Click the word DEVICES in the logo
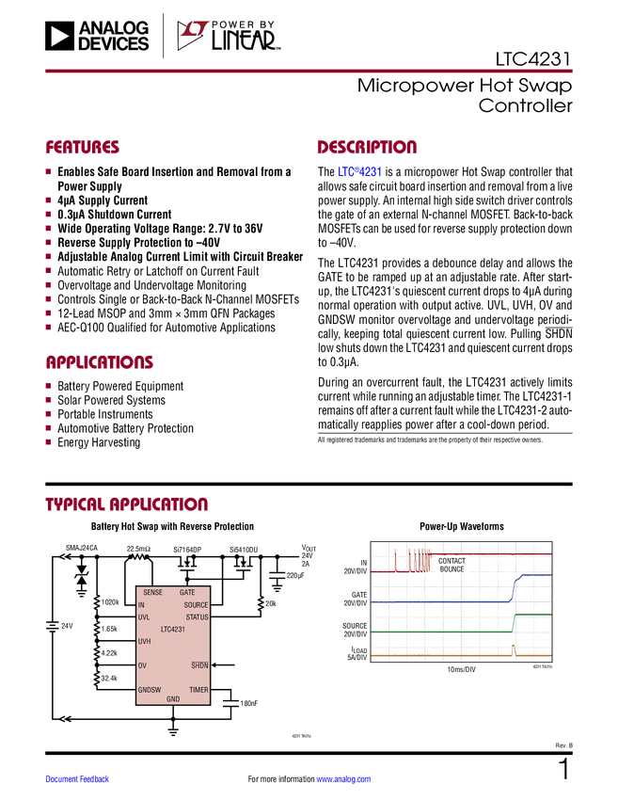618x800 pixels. pyautogui.click(x=114, y=43)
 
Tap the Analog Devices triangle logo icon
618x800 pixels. pyautogui.click(x=58, y=36)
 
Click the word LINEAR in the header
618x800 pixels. pyautogui.click(x=243, y=41)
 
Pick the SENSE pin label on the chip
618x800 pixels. pyautogui.click(x=152, y=592)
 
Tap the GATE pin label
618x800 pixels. pyautogui.click(x=187, y=592)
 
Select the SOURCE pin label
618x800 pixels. pyautogui.click(x=196, y=605)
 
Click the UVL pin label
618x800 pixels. pyautogui.click(x=144, y=617)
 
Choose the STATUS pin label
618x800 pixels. pyautogui.click(x=197, y=617)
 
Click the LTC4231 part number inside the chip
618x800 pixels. pyautogui.click(x=173, y=629)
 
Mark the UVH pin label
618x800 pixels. pyautogui.click(x=145, y=641)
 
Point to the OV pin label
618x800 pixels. pyautogui.click(x=142, y=665)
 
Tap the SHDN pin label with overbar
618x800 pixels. pyautogui.click(x=199, y=665)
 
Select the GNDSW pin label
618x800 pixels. pyautogui.click(x=150, y=690)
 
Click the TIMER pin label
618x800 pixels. pyautogui.click(x=198, y=690)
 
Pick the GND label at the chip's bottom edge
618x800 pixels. pyautogui.click(x=173, y=699)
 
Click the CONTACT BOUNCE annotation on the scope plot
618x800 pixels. pyautogui.click(x=452, y=566)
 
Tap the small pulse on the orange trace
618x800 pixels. pyautogui.click(x=514, y=649)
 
